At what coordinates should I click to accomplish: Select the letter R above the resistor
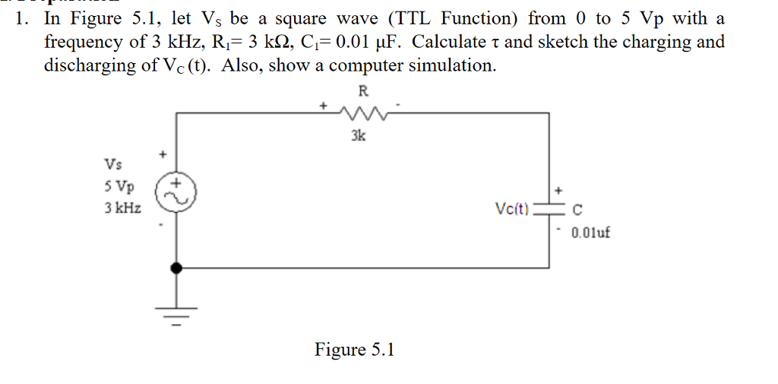(362, 92)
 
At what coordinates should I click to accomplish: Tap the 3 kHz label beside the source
(122, 208)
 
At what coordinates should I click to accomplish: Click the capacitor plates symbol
(548, 209)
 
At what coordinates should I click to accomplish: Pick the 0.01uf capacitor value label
(590, 232)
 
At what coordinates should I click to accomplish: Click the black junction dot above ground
(177, 268)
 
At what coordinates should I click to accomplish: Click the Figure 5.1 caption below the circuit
(355, 350)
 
